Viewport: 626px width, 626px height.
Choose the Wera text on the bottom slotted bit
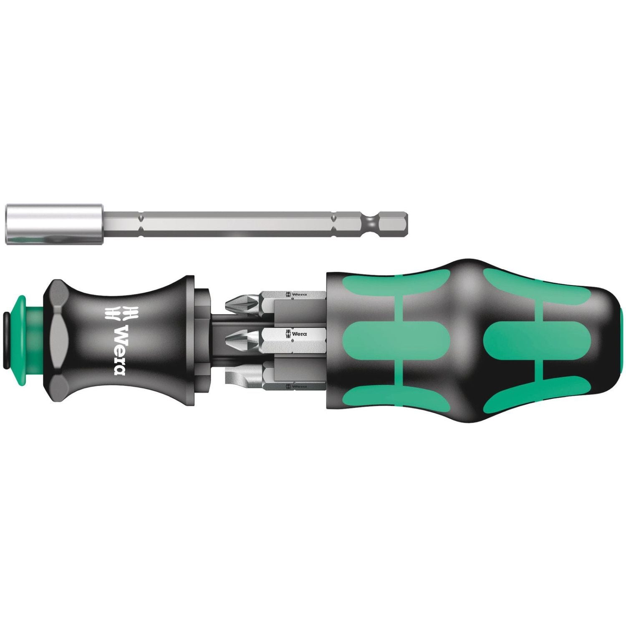[x=297, y=386]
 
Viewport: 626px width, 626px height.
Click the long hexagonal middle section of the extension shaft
[x=238, y=219]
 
